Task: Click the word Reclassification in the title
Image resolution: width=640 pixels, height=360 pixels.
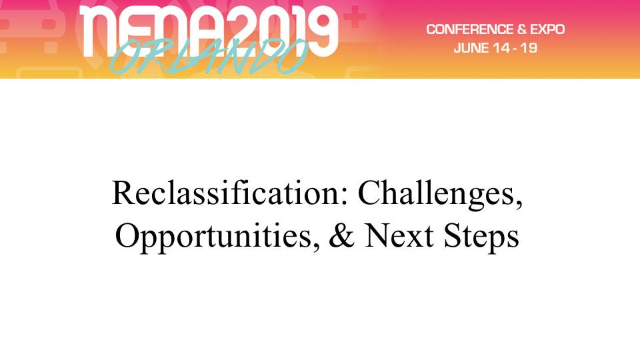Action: pos(226,193)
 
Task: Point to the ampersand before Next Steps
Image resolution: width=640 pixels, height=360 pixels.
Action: pos(341,235)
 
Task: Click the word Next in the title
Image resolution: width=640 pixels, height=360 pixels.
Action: pos(399,235)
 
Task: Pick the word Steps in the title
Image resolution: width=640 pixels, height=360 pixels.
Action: pos(481,237)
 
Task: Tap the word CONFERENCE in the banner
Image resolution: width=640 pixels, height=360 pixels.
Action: pos(470,29)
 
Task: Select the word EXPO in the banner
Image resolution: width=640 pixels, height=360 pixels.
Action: pos(547,29)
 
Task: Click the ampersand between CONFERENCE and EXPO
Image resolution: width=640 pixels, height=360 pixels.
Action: pos(521,29)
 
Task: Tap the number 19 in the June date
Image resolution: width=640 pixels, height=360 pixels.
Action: pos(529,48)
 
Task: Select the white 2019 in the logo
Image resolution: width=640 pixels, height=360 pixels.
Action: pos(281,31)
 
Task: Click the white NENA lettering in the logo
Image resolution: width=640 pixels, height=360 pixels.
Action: pos(152,31)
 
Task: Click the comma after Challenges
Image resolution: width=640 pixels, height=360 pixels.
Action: pos(519,204)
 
